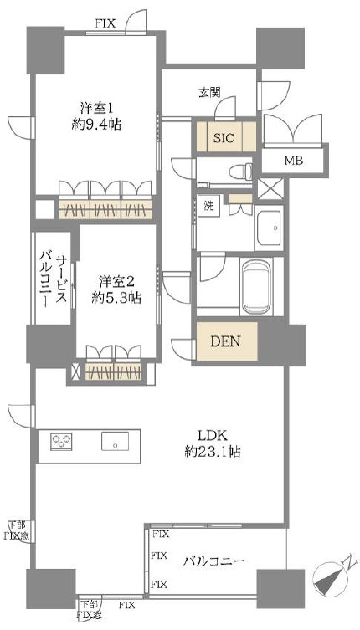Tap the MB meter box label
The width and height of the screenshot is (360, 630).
point(294,161)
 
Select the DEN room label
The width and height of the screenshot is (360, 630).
point(226,341)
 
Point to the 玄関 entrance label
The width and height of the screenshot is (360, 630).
point(209,93)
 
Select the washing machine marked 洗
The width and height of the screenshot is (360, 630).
point(208,206)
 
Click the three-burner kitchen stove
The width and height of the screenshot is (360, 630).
point(61,442)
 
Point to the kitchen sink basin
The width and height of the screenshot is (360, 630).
point(115,442)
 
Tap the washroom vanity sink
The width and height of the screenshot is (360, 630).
point(269,227)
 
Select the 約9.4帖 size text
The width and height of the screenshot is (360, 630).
point(94,125)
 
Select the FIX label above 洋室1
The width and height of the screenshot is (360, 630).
point(105,23)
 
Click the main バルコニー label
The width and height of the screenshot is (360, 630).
point(213,560)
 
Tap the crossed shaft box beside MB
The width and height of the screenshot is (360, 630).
point(270,189)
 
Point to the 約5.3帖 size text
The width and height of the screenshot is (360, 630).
point(115,298)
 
